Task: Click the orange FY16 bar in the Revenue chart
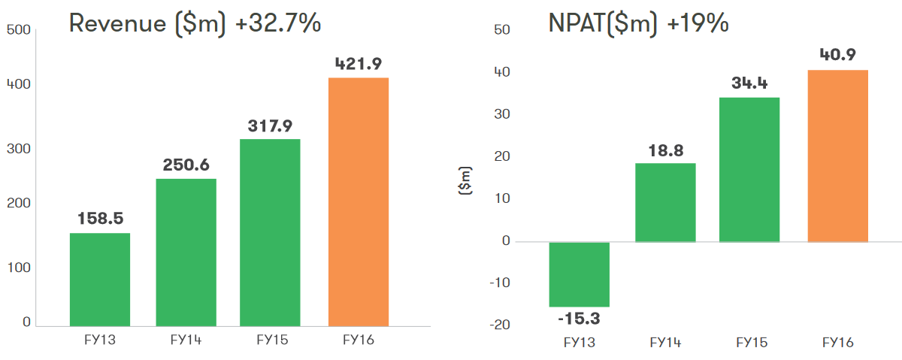(359, 201)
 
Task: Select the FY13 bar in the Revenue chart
(100, 279)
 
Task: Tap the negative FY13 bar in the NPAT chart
(579, 274)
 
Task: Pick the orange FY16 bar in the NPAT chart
(838, 156)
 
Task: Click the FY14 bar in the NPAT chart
(665, 202)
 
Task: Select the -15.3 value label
(579, 318)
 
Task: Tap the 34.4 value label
(749, 83)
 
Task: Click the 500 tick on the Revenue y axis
(18, 30)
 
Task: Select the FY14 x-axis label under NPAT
(665, 343)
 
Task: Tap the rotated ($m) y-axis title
(465, 180)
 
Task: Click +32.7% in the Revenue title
(279, 24)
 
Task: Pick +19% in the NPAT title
(698, 24)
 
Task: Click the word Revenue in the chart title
(118, 24)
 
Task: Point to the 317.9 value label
(271, 126)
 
